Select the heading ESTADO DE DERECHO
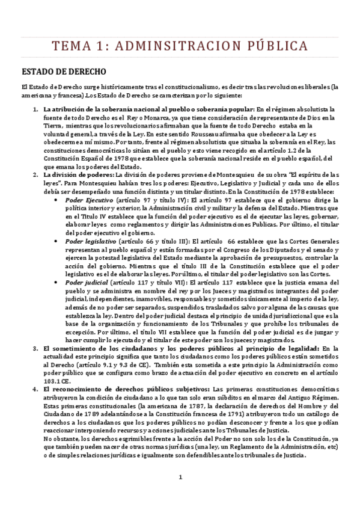coord(64,70)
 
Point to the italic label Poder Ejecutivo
coord(89,198)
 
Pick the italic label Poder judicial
coord(86,281)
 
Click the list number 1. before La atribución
coord(34,108)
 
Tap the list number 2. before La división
coord(34,173)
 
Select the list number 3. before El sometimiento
coord(34,348)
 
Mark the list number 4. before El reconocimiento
coord(34,389)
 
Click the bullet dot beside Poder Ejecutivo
coord(56,198)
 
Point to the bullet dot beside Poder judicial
coord(56,281)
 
